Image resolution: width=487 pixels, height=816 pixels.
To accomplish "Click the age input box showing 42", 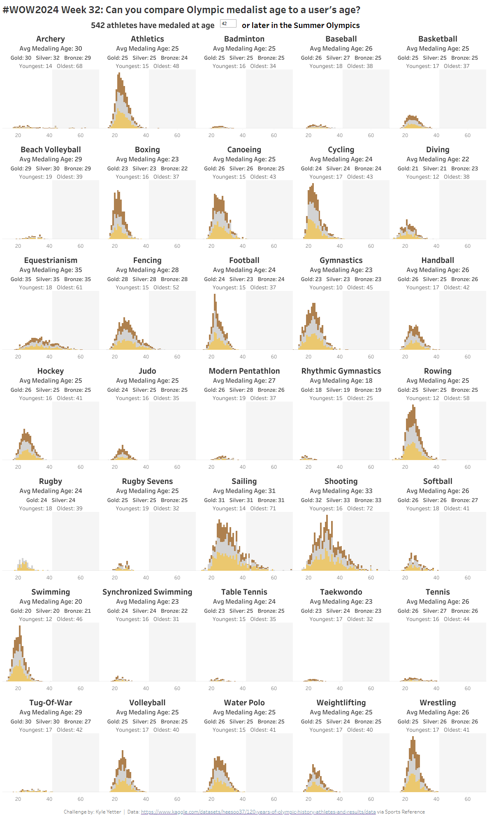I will (x=228, y=24).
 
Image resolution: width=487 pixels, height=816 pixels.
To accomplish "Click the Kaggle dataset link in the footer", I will (x=258, y=812).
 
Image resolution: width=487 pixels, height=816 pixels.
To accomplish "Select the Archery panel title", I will (x=51, y=39).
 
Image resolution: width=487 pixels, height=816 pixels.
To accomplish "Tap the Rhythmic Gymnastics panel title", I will (x=341, y=371).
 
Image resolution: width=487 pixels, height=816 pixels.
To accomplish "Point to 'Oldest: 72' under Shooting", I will (x=360, y=509).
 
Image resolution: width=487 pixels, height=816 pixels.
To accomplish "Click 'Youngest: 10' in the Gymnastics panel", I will (x=326, y=288).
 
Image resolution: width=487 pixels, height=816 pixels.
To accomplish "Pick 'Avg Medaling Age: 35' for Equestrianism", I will (x=51, y=270).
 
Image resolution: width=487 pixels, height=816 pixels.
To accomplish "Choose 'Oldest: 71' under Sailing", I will (x=263, y=509).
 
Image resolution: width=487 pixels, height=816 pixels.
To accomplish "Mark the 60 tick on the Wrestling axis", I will (x=468, y=799).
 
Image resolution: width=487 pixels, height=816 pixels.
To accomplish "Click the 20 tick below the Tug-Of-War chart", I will (x=18, y=799).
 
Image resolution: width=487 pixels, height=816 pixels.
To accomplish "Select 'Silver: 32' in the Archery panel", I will (x=48, y=58).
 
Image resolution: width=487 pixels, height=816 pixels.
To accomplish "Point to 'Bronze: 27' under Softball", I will (x=464, y=500).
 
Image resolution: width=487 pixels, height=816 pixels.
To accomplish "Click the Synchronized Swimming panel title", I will (x=147, y=592).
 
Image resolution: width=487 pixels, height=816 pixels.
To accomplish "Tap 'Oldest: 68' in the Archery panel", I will (x=70, y=66).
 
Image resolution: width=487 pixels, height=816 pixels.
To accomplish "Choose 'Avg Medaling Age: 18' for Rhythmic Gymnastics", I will (x=341, y=381).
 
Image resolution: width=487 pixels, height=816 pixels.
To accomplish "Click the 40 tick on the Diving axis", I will (x=436, y=246).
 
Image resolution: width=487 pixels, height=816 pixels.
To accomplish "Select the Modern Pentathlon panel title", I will (x=244, y=371).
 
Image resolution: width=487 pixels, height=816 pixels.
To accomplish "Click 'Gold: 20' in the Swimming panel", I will (x=21, y=611).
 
